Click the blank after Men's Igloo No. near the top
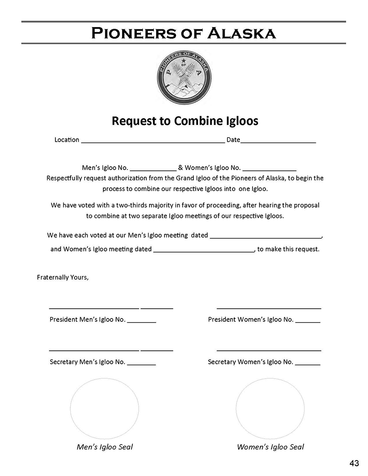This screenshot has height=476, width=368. [153, 168]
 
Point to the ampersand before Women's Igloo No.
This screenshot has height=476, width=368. [180, 168]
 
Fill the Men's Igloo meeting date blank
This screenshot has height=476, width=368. [266, 236]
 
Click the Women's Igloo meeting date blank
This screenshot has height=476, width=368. [204, 250]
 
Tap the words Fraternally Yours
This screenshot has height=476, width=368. [62, 278]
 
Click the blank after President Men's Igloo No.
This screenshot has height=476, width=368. [142, 321]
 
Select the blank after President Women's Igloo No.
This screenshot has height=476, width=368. [308, 321]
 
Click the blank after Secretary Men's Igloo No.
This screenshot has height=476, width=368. [142, 363]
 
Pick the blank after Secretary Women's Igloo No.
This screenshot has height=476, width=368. [308, 363]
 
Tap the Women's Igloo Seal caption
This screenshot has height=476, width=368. [270, 447]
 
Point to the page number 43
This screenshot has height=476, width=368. [354, 463]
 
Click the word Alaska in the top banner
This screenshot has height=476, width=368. [241, 33]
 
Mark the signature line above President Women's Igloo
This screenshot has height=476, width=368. [269, 307]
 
